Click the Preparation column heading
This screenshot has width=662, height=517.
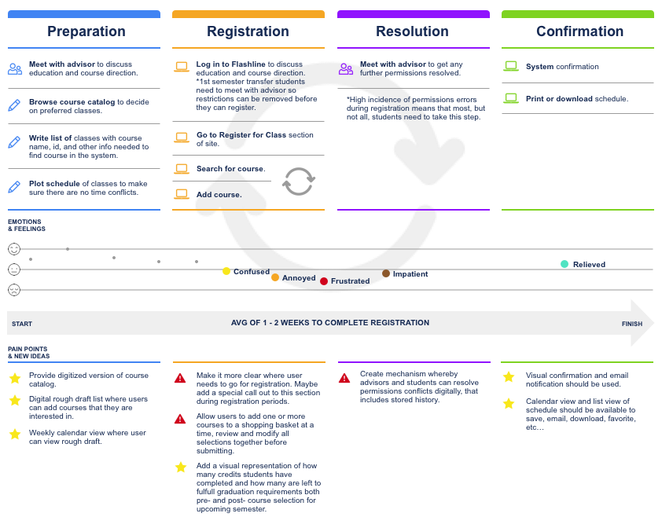(x=86, y=32)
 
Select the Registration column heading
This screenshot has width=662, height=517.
(x=248, y=32)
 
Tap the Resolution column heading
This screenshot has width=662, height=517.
(x=412, y=32)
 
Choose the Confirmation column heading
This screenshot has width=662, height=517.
(x=579, y=32)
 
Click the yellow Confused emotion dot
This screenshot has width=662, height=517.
(x=226, y=271)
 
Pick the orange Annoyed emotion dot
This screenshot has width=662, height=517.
(x=275, y=277)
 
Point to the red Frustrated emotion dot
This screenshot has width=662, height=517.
(x=324, y=280)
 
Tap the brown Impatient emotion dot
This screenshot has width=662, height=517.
(x=386, y=273)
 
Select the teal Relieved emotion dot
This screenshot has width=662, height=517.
(x=565, y=264)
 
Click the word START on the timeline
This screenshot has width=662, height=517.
(x=22, y=324)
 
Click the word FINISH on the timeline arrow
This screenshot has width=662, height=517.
(x=632, y=324)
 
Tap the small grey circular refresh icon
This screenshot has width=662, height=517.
(x=299, y=181)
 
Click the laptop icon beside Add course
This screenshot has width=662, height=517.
(x=182, y=193)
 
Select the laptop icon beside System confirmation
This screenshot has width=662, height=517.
(x=511, y=67)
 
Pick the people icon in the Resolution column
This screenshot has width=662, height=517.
(x=346, y=68)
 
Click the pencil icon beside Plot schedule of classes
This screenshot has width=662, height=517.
(x=14, y=186)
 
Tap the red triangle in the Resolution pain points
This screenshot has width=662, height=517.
(x=344, y=378)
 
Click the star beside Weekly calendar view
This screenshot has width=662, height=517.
(x=15, y=434)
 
